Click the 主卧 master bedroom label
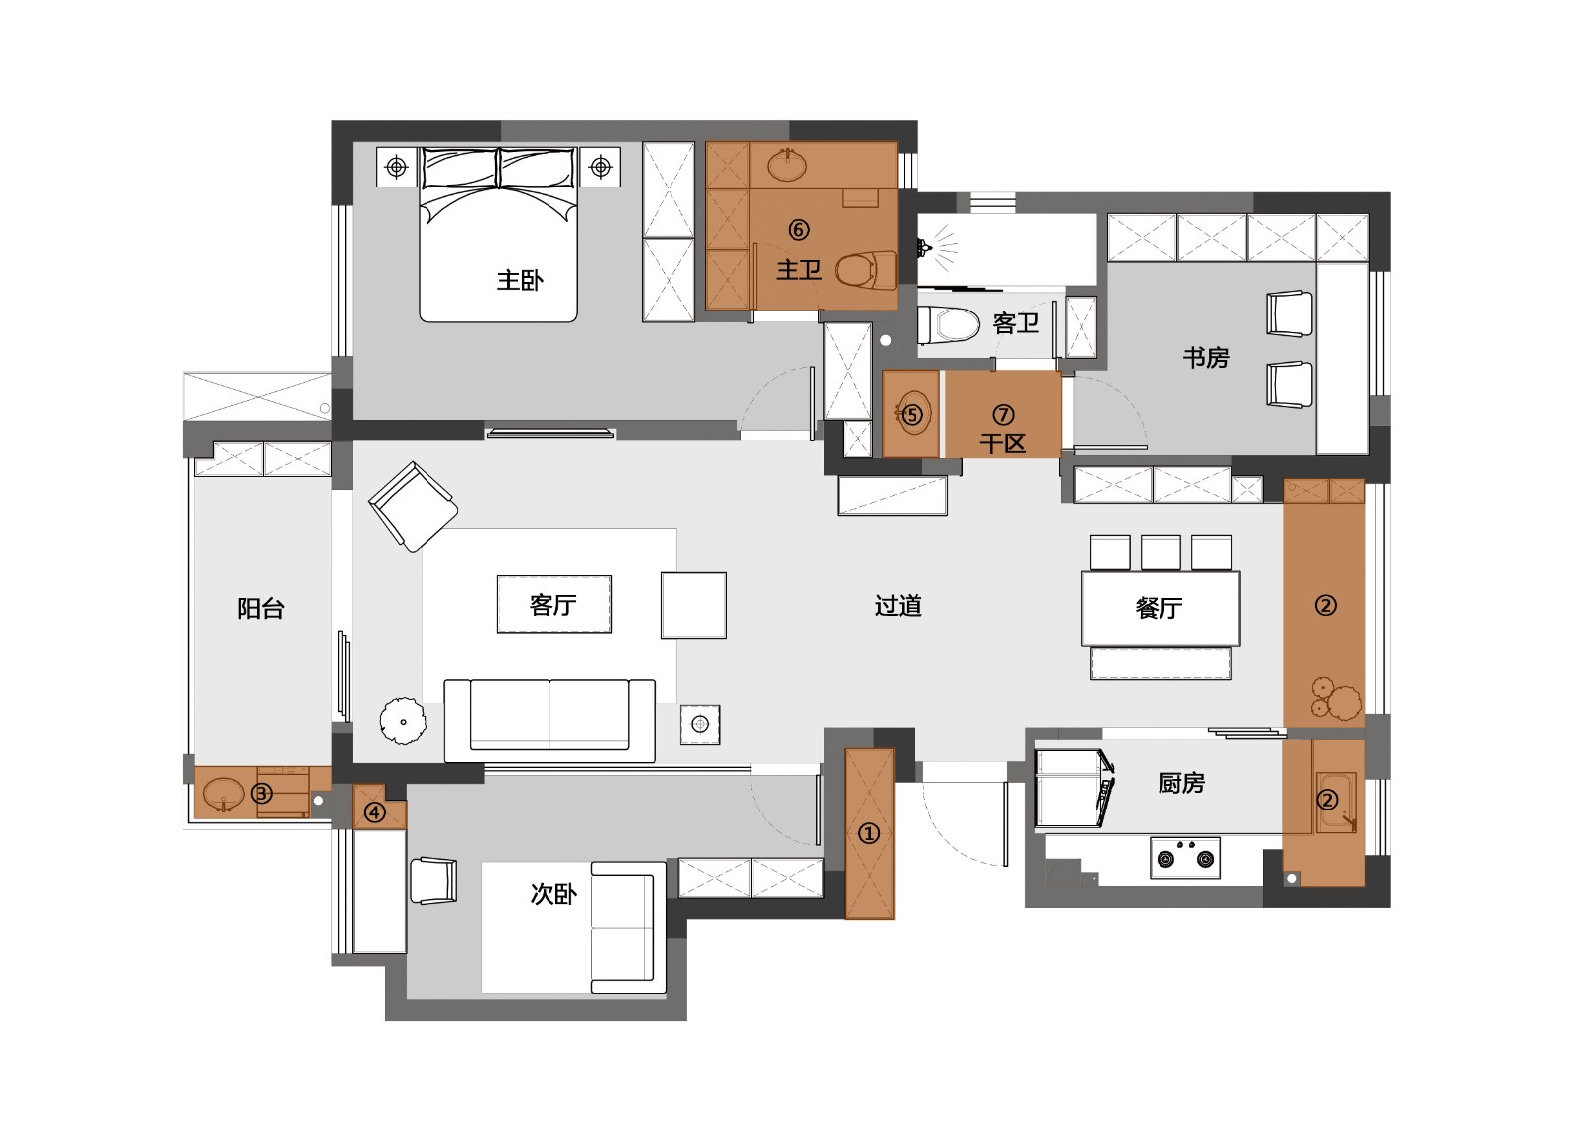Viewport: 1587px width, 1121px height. point(520,280)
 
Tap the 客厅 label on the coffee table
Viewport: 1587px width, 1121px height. point(553,605)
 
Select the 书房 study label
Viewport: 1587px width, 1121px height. point(1206,357)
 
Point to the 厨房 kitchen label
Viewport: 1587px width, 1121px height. point(1181,783)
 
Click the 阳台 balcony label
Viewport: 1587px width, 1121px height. point(261,609)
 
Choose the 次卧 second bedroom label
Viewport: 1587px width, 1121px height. point(553,894)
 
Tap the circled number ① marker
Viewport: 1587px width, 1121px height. point(869,834)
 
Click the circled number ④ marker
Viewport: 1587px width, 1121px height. point(374,812)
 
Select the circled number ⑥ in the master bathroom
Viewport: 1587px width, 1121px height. point(798,229)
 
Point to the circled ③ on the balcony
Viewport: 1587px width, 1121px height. point(262,793)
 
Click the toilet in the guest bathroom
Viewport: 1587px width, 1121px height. point(948,324)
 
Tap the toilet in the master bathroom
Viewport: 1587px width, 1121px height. point(866,270)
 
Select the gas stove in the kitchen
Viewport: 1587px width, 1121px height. point(1185,857)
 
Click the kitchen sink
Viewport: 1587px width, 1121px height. point(1336,803)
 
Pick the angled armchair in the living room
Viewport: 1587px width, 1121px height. point(413,506)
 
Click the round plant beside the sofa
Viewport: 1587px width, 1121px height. point(403,721)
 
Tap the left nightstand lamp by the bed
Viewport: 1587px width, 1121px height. point(396,168)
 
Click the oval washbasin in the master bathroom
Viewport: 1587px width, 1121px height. point(788,166)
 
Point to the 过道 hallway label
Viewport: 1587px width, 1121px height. point(899,606)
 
